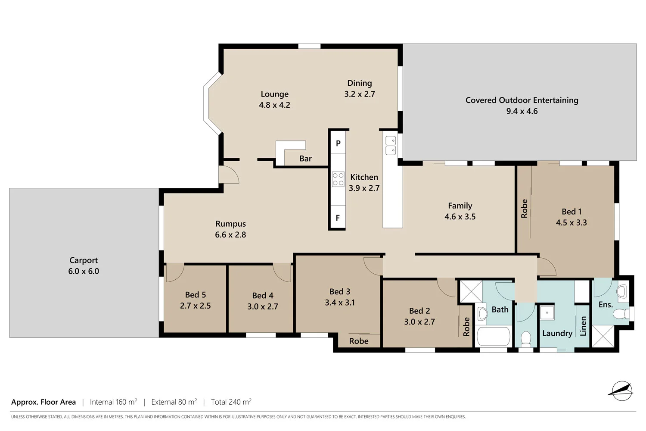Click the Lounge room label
274,94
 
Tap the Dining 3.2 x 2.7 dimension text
360,94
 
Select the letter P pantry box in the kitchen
338,144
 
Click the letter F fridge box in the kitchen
338,218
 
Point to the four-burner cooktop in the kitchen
338,179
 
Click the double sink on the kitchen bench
391,145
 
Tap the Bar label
305,159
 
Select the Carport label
84,260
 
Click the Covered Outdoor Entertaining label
522,100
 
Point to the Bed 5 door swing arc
174,273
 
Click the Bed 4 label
263,296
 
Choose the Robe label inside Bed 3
359,341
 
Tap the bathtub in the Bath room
494,337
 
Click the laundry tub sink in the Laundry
547,312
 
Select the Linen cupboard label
583,326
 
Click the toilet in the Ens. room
621,313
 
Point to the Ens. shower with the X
603,336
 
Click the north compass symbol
621,390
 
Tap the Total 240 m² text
231,402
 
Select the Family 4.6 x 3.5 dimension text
460,217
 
